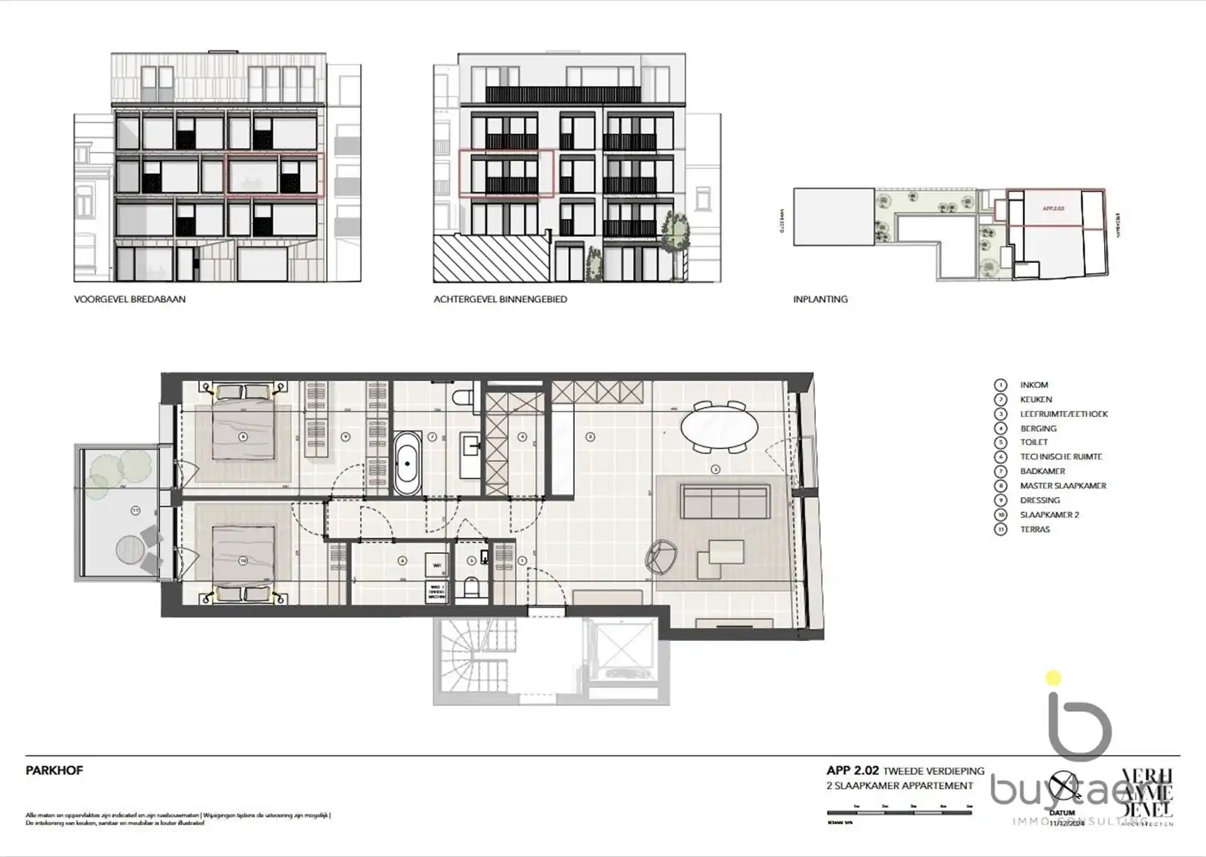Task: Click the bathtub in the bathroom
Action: [407, 462]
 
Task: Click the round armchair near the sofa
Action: [661, 555]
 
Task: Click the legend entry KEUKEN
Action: [1036, 400]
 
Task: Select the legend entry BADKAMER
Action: [1042, 471]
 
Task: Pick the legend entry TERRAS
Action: [1035, 529]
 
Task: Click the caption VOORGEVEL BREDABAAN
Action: [130, 299]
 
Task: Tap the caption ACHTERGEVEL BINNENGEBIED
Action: [500, 299]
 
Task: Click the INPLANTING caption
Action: [820, 299]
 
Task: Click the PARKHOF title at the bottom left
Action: [54, 771]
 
